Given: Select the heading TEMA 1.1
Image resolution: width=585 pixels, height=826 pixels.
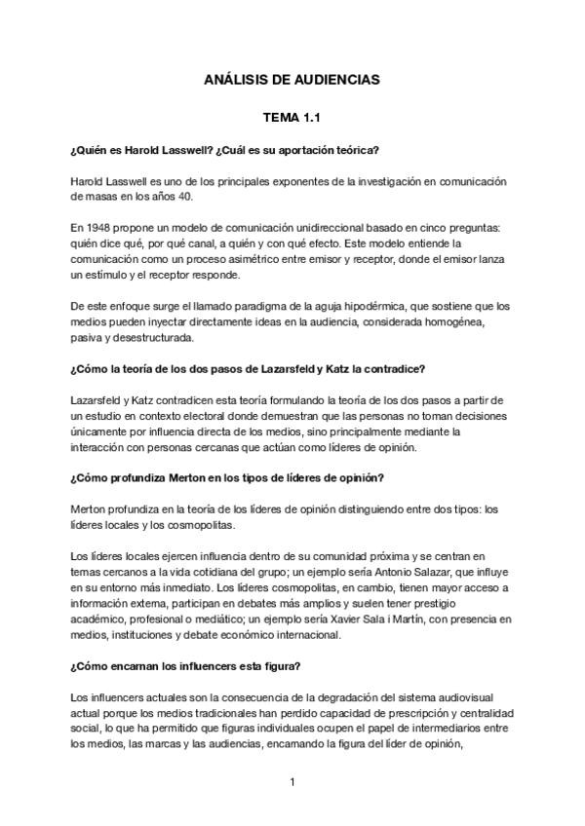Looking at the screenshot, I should [x=292, y=117].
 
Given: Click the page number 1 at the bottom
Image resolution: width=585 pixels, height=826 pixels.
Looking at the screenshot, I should [x=292, y=781].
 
